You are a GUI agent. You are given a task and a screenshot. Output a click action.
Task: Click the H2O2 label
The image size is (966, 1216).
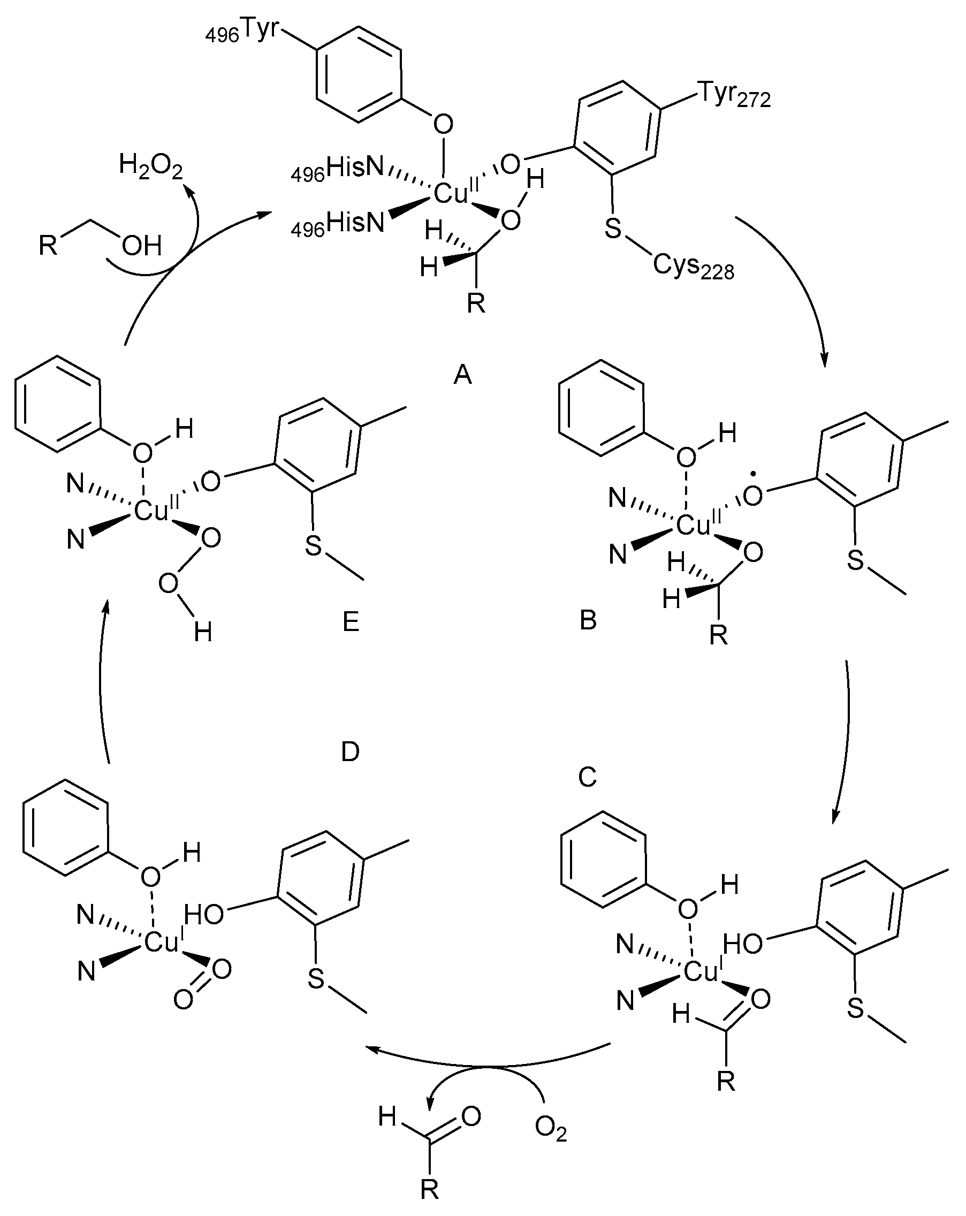coord(150,167)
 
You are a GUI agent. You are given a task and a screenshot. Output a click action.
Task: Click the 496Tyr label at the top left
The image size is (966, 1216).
coord(242,32)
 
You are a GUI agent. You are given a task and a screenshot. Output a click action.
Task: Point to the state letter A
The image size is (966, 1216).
coord(462,374)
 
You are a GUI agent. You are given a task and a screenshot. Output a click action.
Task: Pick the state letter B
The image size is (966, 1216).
coord(588,620)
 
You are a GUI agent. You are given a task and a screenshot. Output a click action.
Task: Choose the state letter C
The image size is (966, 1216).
coord(587,778)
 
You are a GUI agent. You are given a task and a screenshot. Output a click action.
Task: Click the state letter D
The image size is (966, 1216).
coord(350,752)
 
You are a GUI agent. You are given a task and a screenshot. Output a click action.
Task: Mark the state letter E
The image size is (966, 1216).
coord(351,622)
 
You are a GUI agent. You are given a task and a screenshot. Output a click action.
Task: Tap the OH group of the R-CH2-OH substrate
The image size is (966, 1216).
coord(141,246)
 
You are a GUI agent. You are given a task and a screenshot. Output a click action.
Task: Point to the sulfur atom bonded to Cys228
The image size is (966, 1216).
coord(612,229)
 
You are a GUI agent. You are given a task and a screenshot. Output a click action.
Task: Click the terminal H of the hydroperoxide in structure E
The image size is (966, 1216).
coord(203,633)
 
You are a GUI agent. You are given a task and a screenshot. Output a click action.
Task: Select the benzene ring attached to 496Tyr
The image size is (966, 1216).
coord(359,74)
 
